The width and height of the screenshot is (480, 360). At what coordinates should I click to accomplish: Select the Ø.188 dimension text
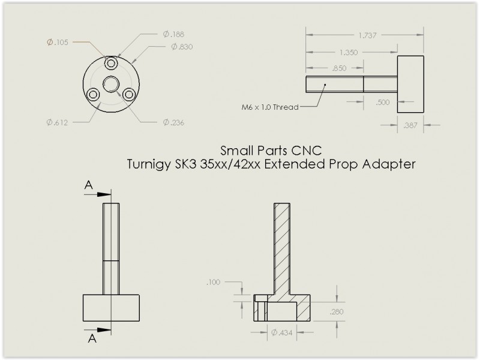point(173,34)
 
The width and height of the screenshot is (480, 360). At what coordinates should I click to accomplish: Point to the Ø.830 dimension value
point(181,47)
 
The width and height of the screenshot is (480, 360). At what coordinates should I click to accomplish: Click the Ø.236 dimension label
point(173,122)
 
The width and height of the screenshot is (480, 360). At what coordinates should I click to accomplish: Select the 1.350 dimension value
point(348,52)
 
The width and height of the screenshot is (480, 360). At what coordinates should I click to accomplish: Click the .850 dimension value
point(338,68)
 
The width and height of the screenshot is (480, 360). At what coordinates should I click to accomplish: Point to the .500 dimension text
point(382,102)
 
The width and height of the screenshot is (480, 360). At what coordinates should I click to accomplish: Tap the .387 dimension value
point(411,125)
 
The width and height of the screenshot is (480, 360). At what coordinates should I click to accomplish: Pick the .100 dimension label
point(214,281)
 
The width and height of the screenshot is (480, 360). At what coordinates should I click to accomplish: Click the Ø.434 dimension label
point(282,332)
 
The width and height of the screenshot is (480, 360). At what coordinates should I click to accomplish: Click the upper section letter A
point(88,187)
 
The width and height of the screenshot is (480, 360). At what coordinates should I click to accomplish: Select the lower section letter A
point(91,338)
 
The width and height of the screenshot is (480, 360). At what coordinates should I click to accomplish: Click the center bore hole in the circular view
point(111,83)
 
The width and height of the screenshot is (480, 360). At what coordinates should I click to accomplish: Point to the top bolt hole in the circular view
point(111,63)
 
